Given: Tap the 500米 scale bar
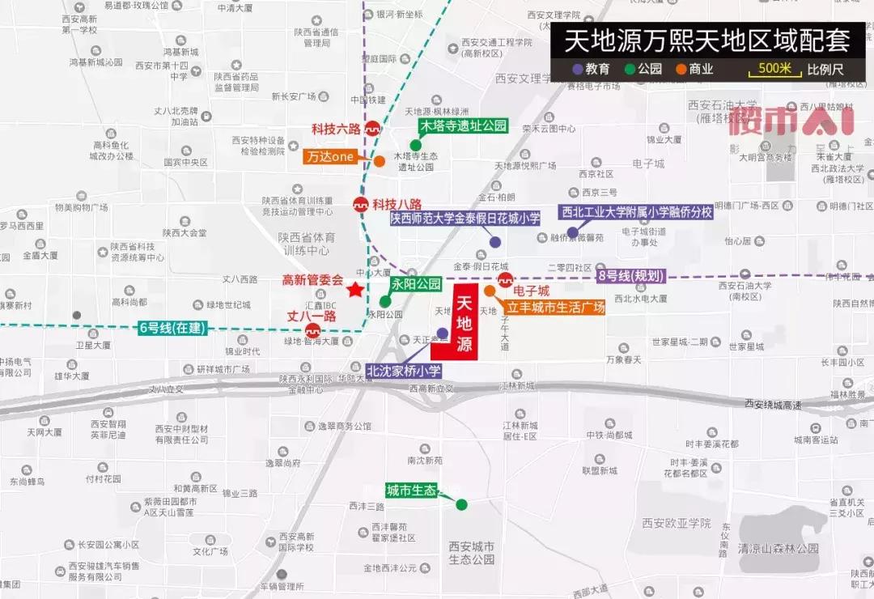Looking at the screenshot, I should tap(774, 69).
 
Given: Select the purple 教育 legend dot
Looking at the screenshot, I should tap(577, 70).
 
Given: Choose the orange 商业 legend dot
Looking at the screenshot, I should tap(681, 70).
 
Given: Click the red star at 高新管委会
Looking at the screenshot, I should tap(354, 290).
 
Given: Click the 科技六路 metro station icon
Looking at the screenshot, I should tap(373, 128).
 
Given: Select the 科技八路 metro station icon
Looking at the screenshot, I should tap(360, 204).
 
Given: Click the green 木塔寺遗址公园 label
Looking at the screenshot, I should tap(463, 126).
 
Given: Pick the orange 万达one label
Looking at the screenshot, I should tap(331, 157).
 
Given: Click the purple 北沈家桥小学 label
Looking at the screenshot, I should tap(404, 371).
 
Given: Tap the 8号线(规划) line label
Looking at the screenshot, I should tap(630, 276).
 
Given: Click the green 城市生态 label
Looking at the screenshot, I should tap(411, 490).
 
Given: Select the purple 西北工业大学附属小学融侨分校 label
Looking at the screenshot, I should tap(637, 212).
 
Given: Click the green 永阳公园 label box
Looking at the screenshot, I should tap(416, 284).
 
